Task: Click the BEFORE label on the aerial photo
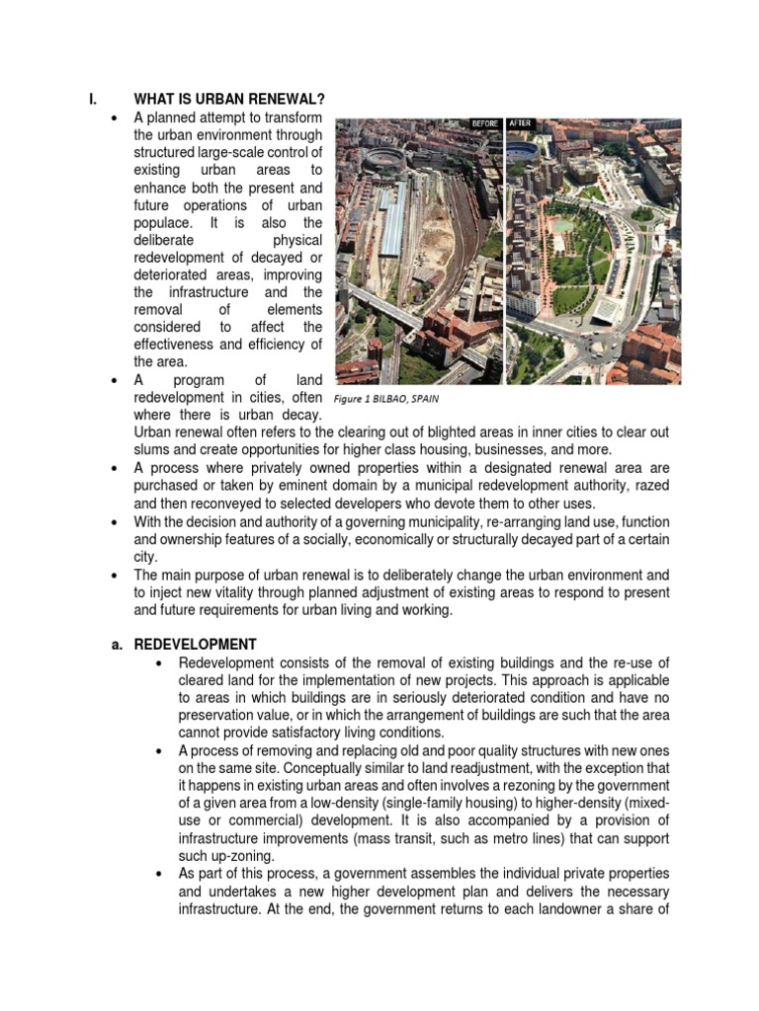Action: pyautogui.click(x=483, y=123)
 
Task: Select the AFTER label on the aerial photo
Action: pyautogui.click(x=521, y=123)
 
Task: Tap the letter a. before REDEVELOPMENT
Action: pyautogui.click(x=117, y=644)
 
